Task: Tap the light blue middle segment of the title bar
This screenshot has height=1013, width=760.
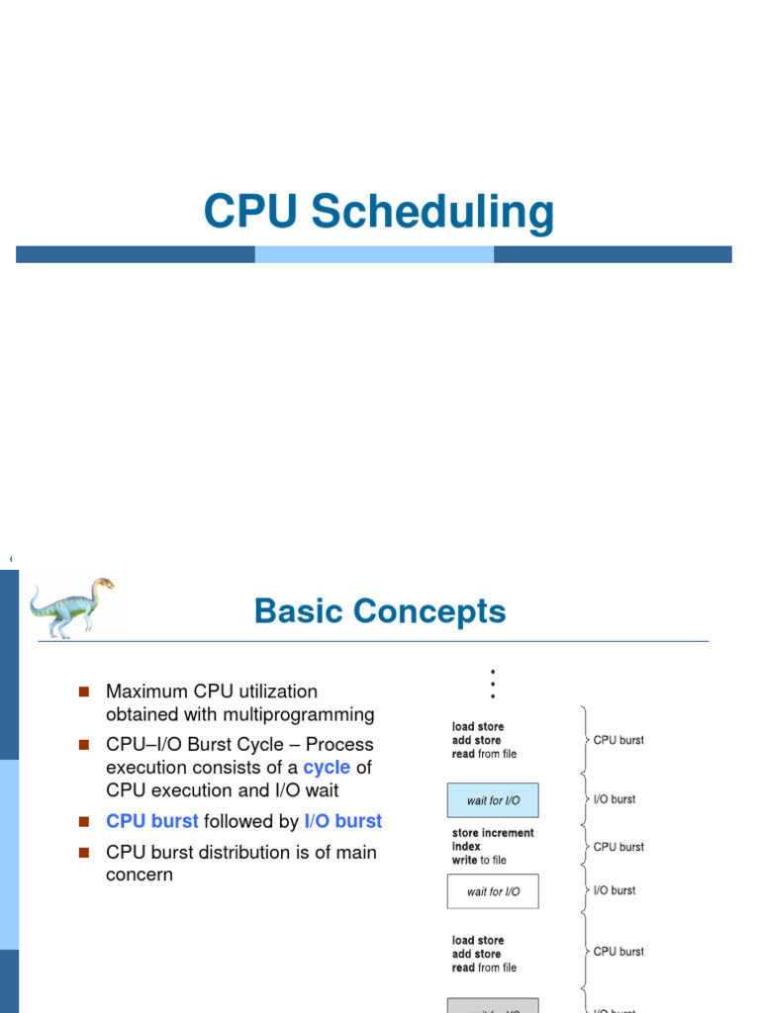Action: [374, 254]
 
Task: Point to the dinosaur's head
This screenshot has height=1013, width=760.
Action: [102, 585]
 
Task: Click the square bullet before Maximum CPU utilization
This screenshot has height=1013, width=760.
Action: [83, 691]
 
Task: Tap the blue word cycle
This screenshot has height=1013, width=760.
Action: [327, 768]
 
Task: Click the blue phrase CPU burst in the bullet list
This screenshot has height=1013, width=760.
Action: [151, 821]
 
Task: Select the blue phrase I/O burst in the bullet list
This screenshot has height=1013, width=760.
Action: [342, 821]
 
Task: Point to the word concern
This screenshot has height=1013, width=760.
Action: [139, 875]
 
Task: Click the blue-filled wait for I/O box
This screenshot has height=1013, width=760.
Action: [493, 800]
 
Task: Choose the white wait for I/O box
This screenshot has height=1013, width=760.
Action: [493, 891]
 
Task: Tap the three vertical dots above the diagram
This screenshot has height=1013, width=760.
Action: [493, 684]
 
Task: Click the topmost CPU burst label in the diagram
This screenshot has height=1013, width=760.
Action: [618, 740]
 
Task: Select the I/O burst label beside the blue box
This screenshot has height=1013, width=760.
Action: [615, 799]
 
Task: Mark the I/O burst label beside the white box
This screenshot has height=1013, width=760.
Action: [615, 890]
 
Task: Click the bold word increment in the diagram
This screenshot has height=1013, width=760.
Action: [508, 833]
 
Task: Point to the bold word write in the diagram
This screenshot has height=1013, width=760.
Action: [465, 861]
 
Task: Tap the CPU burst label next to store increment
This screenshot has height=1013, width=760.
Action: [618, 847]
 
